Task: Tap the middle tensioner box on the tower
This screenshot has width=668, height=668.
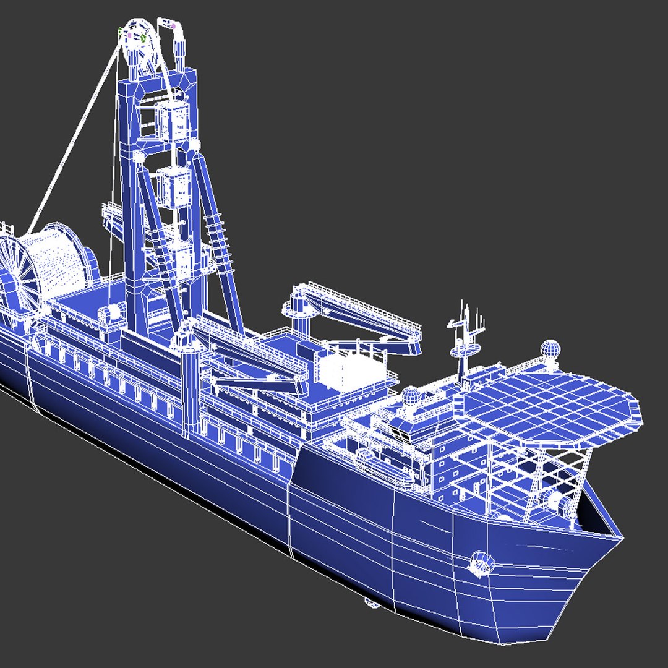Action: click(x=173, y=186)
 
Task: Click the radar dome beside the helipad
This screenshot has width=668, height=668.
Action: click(x=550, y=349)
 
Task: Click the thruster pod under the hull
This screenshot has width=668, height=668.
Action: click(x=371, y=602)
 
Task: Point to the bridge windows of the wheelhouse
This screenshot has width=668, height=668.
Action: click(x=414, y=427)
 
